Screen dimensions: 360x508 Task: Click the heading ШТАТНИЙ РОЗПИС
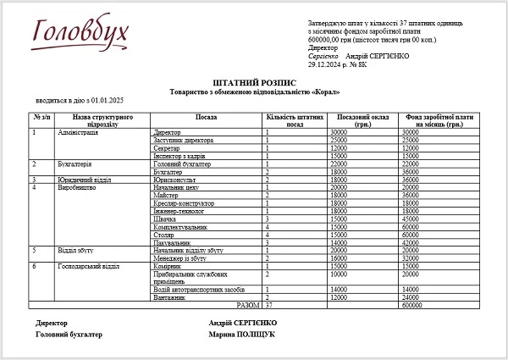point(254,81)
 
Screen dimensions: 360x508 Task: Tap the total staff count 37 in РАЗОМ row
point(270,305)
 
